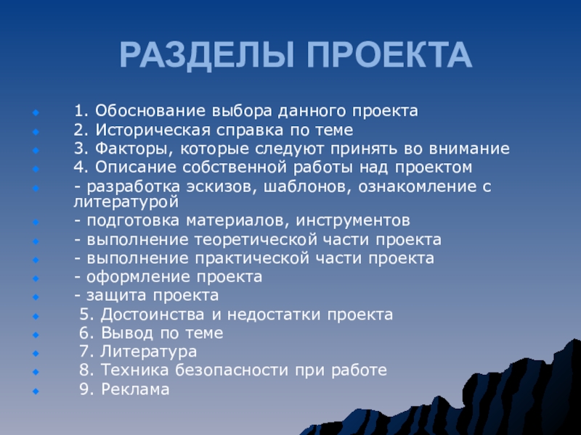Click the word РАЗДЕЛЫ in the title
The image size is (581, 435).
[207, 56]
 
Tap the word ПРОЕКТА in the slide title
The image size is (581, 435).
[389, 55]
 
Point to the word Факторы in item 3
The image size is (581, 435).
[135, 149]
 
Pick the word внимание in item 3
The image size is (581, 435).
[469, 149]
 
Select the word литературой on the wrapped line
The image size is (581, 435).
[126, 202]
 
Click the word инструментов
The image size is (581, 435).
[353, 221]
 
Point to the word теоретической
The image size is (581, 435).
[256, 240]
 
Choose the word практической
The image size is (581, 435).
[252, 259]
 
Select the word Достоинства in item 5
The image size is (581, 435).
[153, 315]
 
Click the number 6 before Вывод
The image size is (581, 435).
[84, 333]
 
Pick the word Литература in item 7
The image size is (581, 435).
[149, 352]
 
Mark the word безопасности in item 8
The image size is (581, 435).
[231, 370]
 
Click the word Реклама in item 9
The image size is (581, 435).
[135, 389]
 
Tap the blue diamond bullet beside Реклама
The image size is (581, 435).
[36, 391]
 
